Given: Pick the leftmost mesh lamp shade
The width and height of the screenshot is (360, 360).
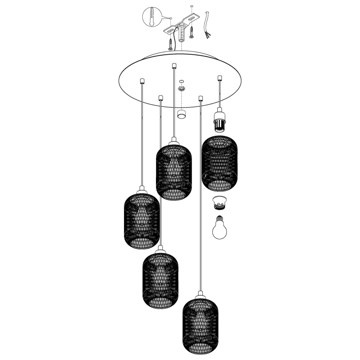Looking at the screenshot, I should pyautogui.click(x=142, y=220).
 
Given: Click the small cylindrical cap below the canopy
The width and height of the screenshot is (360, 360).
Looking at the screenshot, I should pyautogui.click(x=181, y=114).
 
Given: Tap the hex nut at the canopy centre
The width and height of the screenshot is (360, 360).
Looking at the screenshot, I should pyautogui.click(x=181, y=88).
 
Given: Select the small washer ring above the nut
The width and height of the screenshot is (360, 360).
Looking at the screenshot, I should pyautogui.click(x=181, y=81).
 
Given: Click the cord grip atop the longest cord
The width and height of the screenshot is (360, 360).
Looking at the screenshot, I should pyautogui.click(x=201, y=98).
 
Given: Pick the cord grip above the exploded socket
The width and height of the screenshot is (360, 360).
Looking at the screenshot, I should pyautogui.click(x=220, y=78).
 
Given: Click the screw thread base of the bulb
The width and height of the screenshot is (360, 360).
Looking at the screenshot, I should pyautogui.click(x=219, y=217).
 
